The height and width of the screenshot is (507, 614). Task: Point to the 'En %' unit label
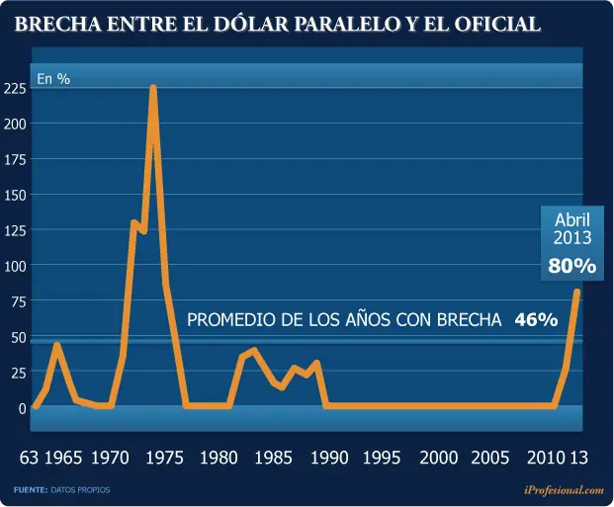pos(53,78)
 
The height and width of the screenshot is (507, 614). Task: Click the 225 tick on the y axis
pos(15,89)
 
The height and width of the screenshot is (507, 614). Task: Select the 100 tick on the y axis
pos(15,266)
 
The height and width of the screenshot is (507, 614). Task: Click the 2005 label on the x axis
pos(490,458)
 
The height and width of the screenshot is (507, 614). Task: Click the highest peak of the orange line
pos(153,88)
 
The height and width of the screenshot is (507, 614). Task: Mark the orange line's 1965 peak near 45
pos(57,345)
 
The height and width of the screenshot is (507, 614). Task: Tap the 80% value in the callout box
pos(571,266)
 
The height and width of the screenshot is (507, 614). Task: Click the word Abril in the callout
pos(572,220)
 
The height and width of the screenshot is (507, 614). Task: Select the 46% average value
pos(536,319)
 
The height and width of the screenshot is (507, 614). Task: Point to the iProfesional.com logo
pos(563,489)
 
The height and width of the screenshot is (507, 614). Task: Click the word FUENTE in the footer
pos(30,489)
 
